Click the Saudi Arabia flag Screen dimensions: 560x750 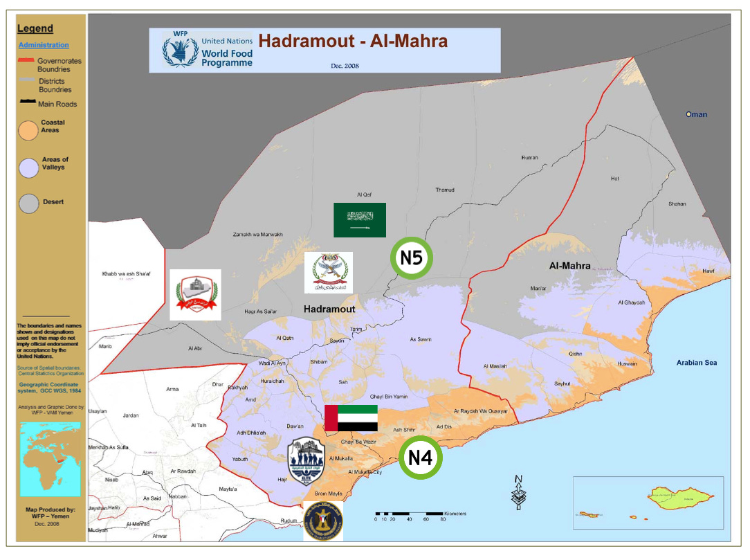tap(359, 220)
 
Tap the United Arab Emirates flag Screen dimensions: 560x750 tap(351, 419)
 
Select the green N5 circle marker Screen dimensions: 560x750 tap(412, 258)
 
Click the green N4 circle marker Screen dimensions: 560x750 tap(420, 458)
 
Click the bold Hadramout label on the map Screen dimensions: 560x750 tap(329, 309)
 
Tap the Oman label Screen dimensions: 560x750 tap(697, 114)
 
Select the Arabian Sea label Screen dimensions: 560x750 tap(697, 363)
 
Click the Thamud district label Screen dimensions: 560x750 tap(446, 190)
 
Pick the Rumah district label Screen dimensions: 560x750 tap(529, 158)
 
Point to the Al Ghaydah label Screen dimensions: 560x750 tap(631, 302)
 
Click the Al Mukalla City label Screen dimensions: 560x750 tap(365, 472)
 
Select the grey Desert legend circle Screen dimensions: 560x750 tap(28, 203)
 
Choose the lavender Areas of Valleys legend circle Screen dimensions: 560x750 tap(28, 167)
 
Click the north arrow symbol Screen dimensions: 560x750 tap(518, 493)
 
